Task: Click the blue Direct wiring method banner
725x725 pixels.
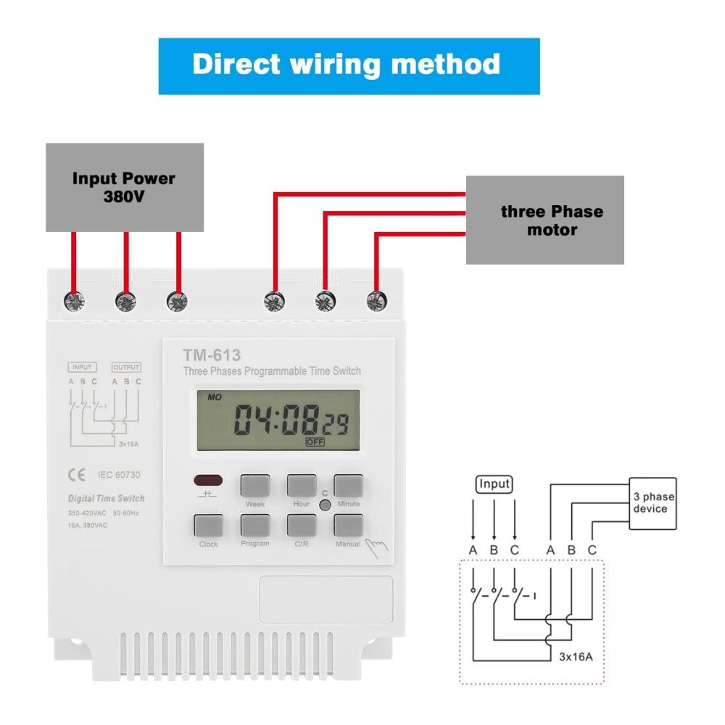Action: click(x=349, y=65)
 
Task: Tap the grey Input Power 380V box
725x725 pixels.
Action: click(x=124, y=187)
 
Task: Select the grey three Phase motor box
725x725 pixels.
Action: click(x=544, y=220)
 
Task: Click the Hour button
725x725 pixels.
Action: click(x=301, y=486)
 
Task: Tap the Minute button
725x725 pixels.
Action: click(x=348, y=486)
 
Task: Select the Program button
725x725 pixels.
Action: click(x=254, y=526)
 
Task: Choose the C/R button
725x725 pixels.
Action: click(x=301, y=526)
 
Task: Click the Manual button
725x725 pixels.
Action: click(x=348, y=526)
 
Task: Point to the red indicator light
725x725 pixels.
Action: click(x=208, y=481)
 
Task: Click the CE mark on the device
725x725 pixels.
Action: click(x=75, y=475)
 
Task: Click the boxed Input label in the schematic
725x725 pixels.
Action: click(x=494, y=484)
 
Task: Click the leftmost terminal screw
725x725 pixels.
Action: click(x=73, y=300)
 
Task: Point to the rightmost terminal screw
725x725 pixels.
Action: click(x=375, y=300)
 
